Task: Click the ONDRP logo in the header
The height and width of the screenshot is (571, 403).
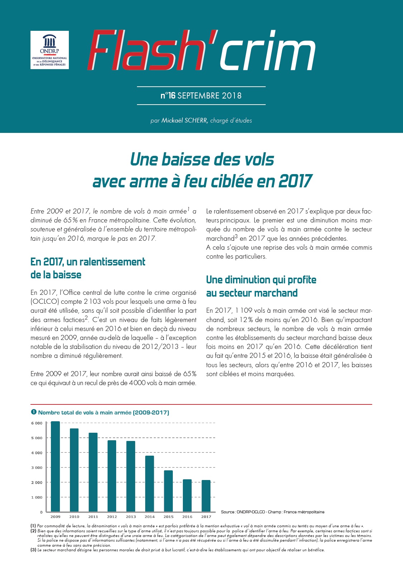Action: tap(49, 50)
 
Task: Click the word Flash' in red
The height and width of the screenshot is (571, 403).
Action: tap(152, 50)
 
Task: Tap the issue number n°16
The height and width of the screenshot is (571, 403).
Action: tap(168, 96)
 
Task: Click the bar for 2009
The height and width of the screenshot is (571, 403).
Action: tap(55, 467)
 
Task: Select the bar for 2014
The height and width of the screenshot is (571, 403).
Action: tap(150, 484)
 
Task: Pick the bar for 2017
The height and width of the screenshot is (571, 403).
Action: tap(206, 496)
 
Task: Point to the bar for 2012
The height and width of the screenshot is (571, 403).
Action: tap(112, 476)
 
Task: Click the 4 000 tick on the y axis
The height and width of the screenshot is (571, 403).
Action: tap(37, 453)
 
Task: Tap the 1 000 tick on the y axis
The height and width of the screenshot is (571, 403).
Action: tap(37, 497)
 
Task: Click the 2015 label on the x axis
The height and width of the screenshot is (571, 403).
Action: tap(169, 517)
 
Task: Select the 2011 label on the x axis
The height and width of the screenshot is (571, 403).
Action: tap(93, 517)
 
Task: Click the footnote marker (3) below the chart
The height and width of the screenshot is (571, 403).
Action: tap(33, 550)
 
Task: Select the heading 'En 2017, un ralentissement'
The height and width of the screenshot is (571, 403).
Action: tap(88, 262)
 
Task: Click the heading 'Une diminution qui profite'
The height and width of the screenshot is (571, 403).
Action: tap(261, 280)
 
